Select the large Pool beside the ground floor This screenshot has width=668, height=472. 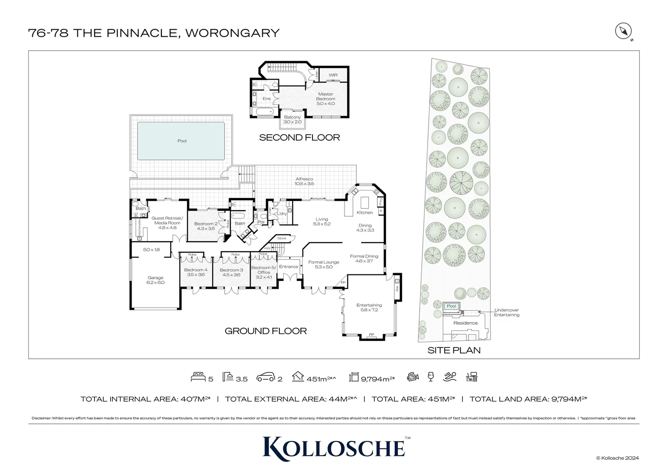click(181, 141)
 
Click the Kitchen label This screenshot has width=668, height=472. click(365, 212)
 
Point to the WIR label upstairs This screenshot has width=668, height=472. click(333, 75)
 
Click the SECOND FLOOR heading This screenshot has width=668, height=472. click(299, 138)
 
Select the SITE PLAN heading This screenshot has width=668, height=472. click(454, 350)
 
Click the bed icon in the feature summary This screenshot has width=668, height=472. click(198, 377)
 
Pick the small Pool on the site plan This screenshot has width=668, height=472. click(451, 306)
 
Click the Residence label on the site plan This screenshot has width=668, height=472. click(466, 323)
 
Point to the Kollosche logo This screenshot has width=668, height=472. click(334, 447)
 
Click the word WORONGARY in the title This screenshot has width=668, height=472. click(233, 33)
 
